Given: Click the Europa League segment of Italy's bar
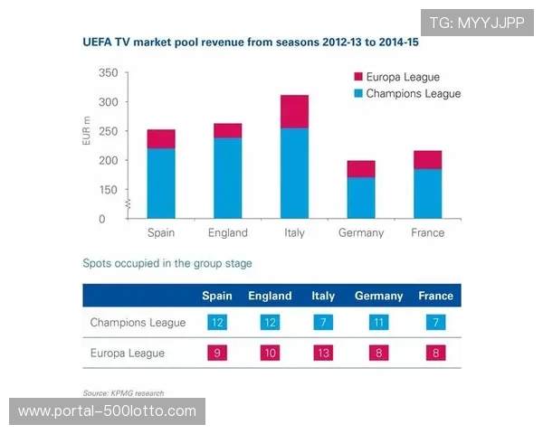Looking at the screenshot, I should [294, 111].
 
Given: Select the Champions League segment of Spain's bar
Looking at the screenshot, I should [161, 183].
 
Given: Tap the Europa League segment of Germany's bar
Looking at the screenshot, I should [361, 169].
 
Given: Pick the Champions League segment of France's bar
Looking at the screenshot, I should [427, 193].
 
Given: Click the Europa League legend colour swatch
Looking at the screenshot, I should [357, 77].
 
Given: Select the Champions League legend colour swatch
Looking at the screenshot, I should [357, 93].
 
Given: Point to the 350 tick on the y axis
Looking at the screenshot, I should [107, 72].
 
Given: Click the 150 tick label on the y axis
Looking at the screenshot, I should [107, 190].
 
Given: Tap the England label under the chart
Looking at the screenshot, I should [227, 232].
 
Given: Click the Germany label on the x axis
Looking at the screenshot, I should [361, 232].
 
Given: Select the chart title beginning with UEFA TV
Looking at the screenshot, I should [256, 42].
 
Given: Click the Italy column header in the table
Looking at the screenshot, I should [323, 296].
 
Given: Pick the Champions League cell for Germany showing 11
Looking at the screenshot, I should [379, 323].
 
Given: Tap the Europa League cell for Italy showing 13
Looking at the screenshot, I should [323, 353].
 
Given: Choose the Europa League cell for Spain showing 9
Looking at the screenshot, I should [217, 353].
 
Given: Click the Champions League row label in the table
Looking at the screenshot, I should [138, 323].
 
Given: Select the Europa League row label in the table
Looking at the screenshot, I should [128, 353].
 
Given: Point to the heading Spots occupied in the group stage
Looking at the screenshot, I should [167, 264].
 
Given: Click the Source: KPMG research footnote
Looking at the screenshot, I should [123, 392].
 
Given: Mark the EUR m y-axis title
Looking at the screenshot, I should [87, 132].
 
